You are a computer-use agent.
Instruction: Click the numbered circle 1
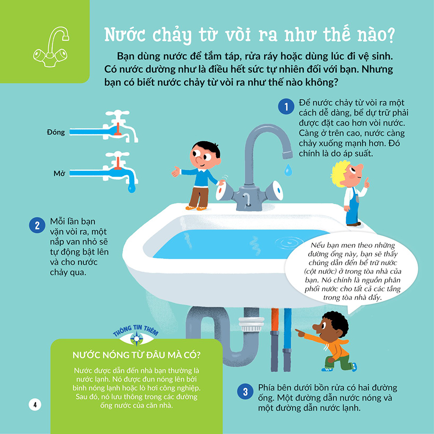[x=286, y=107]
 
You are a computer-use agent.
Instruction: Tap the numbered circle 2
[x=37, y=225]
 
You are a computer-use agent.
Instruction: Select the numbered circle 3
[x=245, y=392]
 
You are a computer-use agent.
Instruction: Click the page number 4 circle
[x=35, y=405]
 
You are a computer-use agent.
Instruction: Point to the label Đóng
[x=55, y=132]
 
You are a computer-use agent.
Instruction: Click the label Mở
[x=59, y=174]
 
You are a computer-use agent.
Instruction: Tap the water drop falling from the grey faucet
[x=288, y=170]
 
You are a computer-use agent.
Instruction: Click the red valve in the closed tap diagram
[x=118, y=129]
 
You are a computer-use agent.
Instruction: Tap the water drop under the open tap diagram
[x=132, y=188]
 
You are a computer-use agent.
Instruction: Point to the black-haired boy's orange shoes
[x=196, y=208]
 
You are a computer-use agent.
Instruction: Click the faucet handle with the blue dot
[x=275, y=190]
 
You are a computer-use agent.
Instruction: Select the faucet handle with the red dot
[x=224, y=190]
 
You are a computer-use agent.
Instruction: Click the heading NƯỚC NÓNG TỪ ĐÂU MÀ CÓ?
[x=136, y=355]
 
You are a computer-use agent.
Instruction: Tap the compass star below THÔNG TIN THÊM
[x=136, y=339]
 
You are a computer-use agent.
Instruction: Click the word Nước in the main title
[x=125, y=35]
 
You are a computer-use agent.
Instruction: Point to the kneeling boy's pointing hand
[x=300, y=332]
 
